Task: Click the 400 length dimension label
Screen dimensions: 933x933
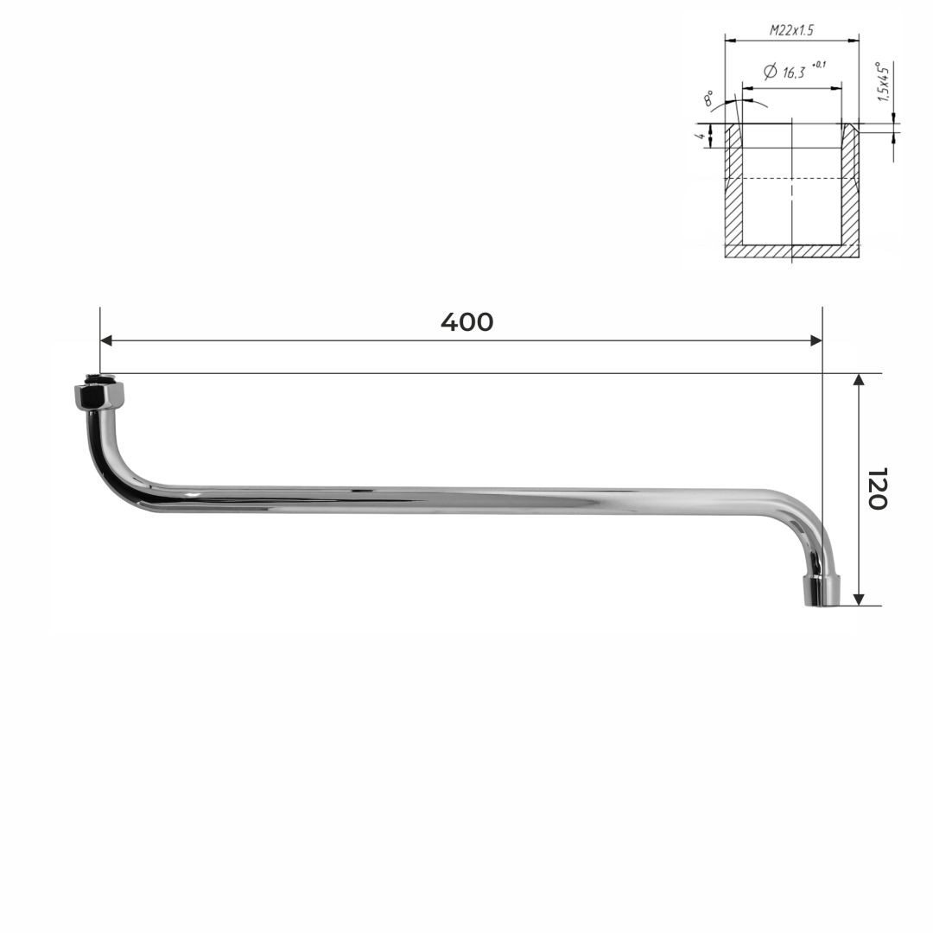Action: click(467, 322)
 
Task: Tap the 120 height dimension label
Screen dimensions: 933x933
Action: click(877, 488)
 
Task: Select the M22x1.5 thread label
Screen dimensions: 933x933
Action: click(791, 29)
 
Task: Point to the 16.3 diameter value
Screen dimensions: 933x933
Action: click(794, 73)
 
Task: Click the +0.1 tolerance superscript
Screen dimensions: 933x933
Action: click(819, 64)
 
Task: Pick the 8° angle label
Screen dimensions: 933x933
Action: click(708, 98)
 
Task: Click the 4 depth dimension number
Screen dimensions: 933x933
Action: click(702, 136)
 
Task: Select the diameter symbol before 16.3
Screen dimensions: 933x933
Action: click(770, 72)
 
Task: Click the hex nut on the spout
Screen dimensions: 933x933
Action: click(99, 395)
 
